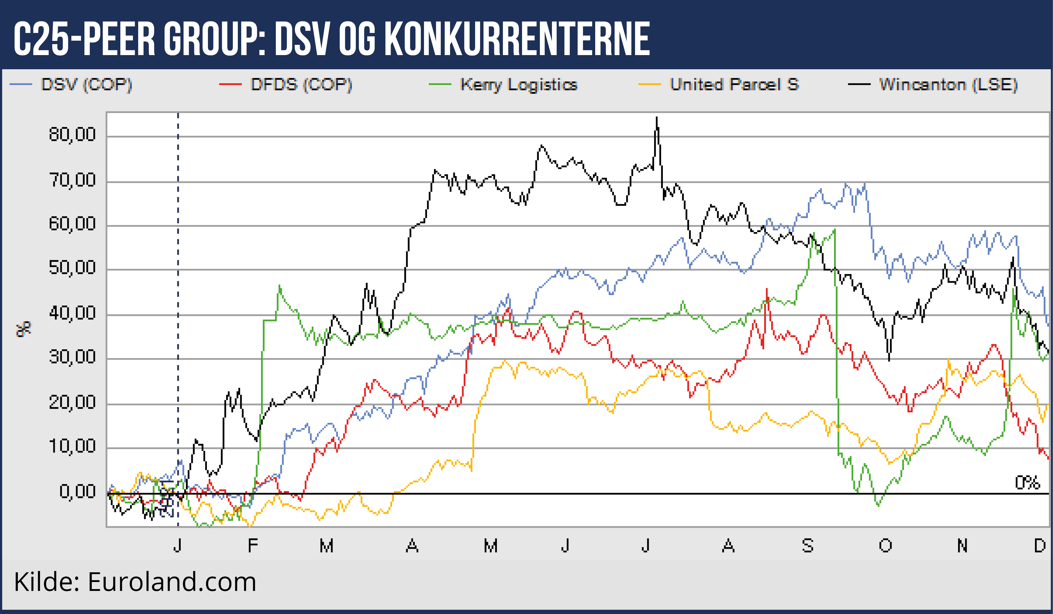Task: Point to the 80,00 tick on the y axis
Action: click(x=72, y=135)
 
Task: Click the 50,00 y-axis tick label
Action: click(x=72, y=268)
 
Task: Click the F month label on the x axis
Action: click(x=252, y=546)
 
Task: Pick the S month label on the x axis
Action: click(x=807, y=546)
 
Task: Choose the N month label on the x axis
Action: click(x=962, y=546)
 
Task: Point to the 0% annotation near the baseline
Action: click(x=1027, y=483)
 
